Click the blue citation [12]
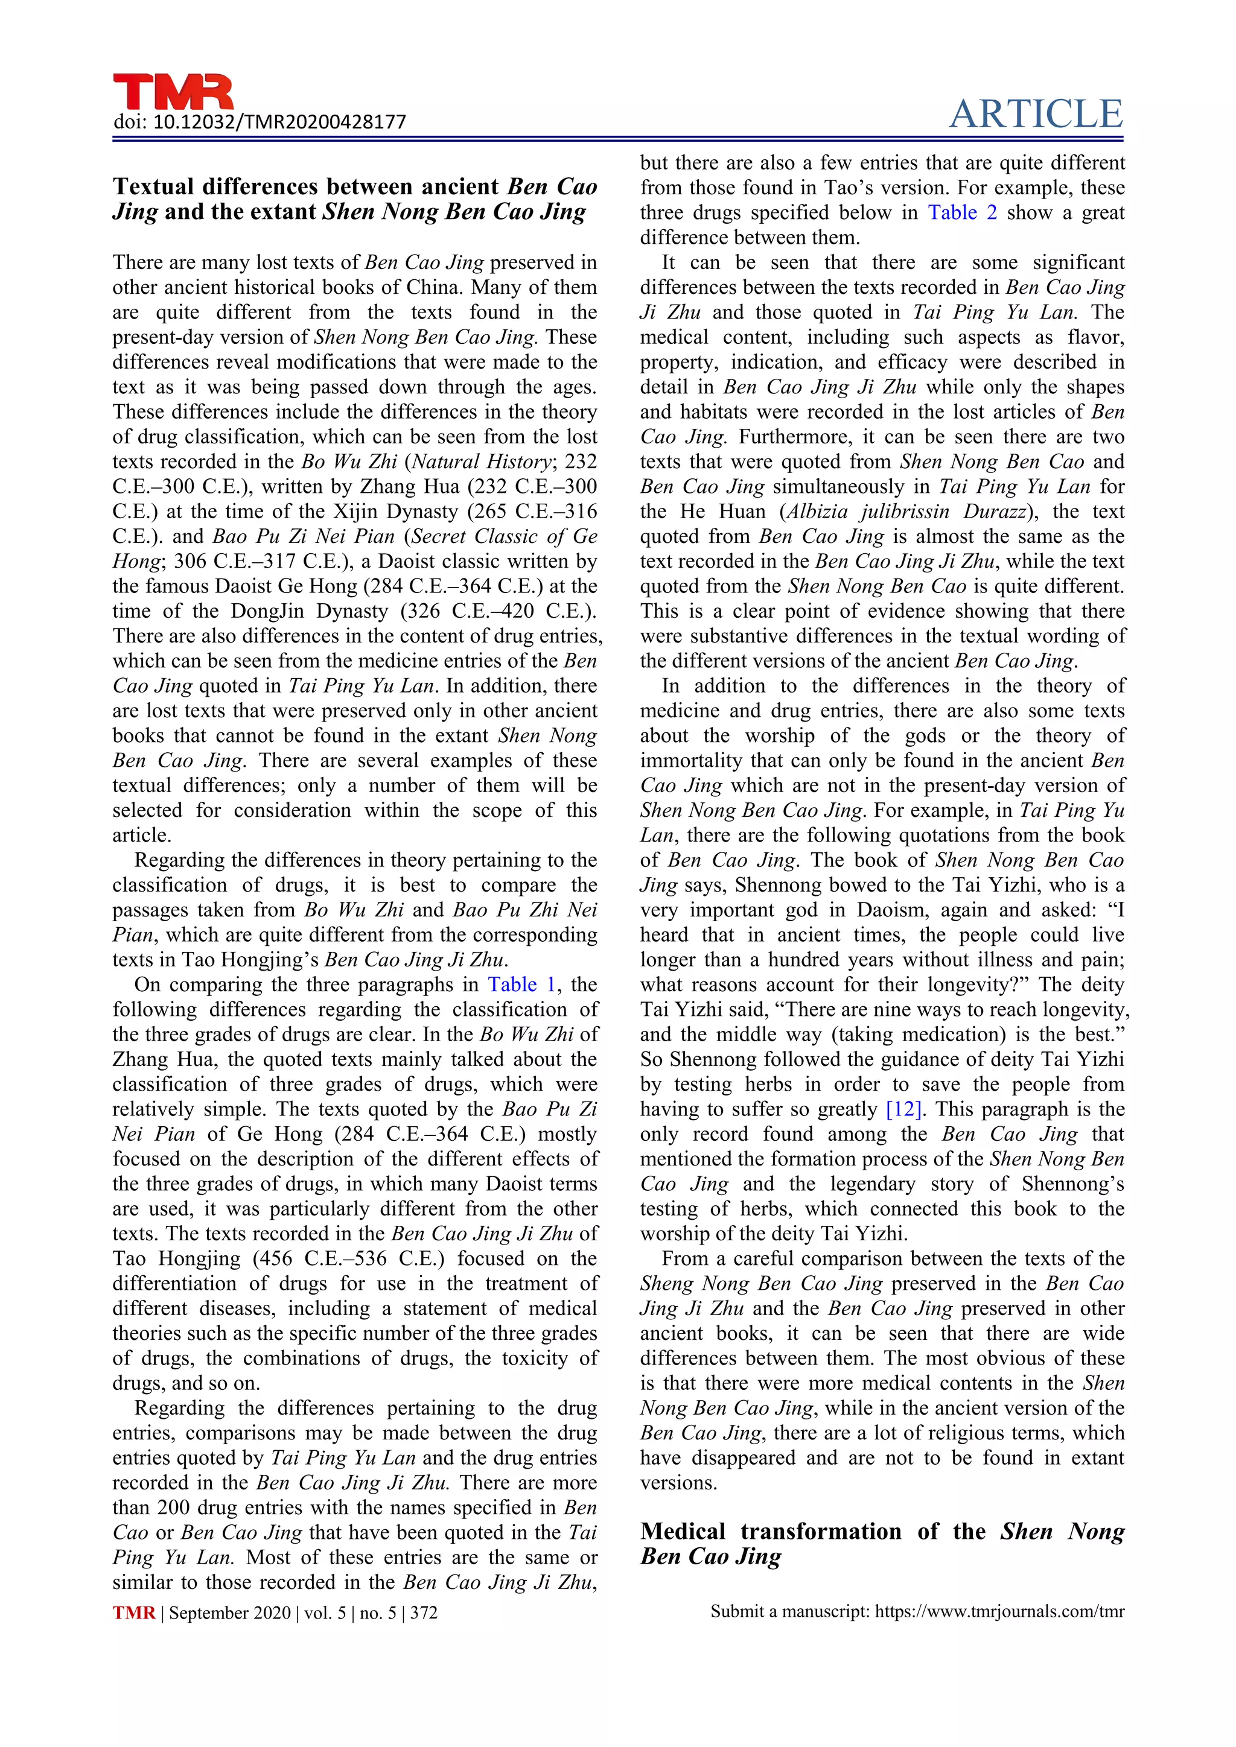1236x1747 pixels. click(904, 1109)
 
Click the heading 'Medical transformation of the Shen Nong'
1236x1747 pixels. click(881, 1531)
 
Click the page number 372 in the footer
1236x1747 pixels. click(424, 1613)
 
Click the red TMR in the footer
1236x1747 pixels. click(134, 1613)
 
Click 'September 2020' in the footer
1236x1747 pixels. click(230, 1613)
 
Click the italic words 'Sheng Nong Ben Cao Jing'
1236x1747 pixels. click(761, 1284)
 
